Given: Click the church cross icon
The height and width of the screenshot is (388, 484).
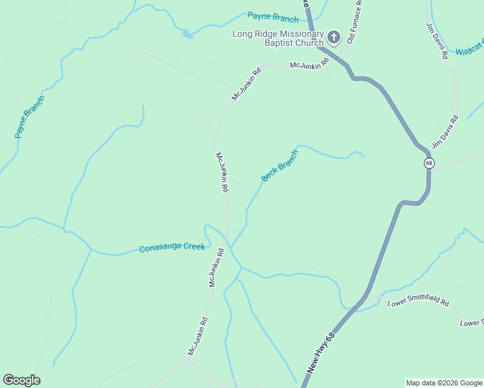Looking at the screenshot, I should [333, 37].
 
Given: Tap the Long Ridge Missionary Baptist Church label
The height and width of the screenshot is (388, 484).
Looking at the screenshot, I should [278, 38].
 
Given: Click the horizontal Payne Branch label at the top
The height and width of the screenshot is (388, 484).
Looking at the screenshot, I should [273, 17].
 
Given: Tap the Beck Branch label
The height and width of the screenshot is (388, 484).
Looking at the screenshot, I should [280, 166].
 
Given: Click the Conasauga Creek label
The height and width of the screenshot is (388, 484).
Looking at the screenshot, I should [172, 247].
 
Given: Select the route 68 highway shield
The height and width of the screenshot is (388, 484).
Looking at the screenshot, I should [429, 163].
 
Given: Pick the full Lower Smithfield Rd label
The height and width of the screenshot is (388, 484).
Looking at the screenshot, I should [418, 302].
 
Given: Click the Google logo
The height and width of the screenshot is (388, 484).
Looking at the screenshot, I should [21, 380].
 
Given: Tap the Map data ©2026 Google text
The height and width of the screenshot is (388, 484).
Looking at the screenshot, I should [444, 383].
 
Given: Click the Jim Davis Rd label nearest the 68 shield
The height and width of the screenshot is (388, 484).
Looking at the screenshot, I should [445, 132].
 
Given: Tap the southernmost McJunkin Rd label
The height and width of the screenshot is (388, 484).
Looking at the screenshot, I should [197, 335].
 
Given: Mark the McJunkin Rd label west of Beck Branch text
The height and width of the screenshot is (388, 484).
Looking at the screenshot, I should [222, 172].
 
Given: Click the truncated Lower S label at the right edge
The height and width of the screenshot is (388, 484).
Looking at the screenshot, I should [471, 323].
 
